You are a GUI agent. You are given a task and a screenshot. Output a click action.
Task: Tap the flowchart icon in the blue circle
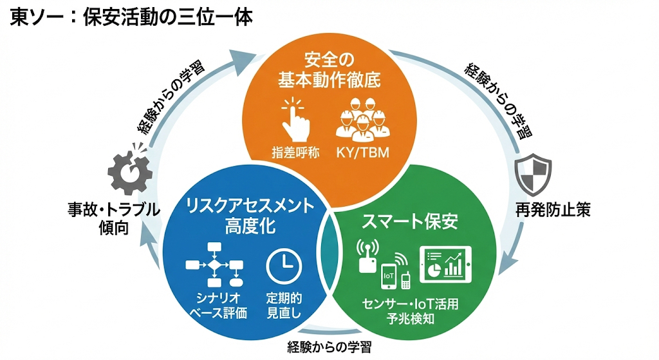(x=214, y=265)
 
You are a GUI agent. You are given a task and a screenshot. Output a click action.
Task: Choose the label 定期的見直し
(x=284, y=305)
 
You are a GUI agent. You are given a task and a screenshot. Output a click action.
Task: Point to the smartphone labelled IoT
(x=389, y=276)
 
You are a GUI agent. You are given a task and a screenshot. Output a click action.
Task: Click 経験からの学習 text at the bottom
(x=329, y=348)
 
